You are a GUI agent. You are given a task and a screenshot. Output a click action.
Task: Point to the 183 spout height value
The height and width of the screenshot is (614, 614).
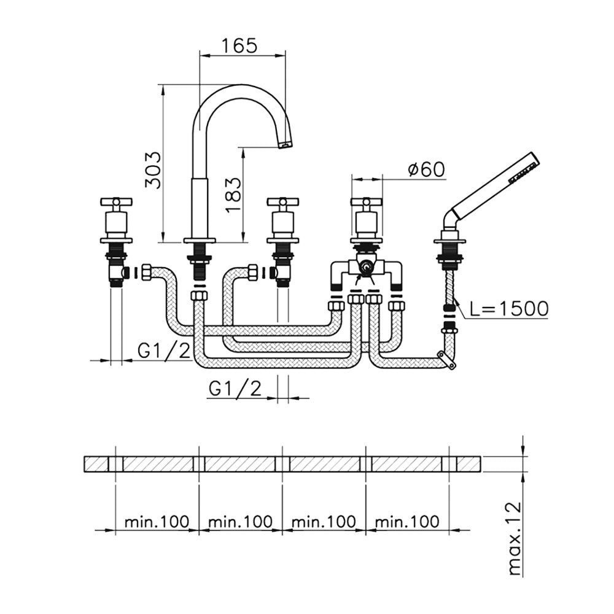233,191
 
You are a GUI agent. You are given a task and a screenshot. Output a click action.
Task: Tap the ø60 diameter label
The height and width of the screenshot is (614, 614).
426,169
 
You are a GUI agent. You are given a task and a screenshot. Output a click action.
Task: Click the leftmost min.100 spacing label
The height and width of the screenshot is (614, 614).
157,522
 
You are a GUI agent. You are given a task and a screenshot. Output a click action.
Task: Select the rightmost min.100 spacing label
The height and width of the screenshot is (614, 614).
407,522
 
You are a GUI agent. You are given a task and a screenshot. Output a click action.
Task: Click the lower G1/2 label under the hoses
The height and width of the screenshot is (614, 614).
235,389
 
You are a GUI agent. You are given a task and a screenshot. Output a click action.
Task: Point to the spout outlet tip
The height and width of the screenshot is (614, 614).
286,146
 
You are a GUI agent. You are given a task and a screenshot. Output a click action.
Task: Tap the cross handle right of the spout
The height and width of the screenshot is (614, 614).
282,202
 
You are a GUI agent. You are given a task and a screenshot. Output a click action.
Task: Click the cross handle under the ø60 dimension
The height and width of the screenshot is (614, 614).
367,202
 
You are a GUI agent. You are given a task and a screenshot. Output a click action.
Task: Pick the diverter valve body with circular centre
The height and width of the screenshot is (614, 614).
367,268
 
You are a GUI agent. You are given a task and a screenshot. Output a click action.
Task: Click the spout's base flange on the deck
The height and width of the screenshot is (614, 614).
200,240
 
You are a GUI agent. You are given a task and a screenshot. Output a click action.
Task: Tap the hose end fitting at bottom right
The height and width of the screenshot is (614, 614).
446,360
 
